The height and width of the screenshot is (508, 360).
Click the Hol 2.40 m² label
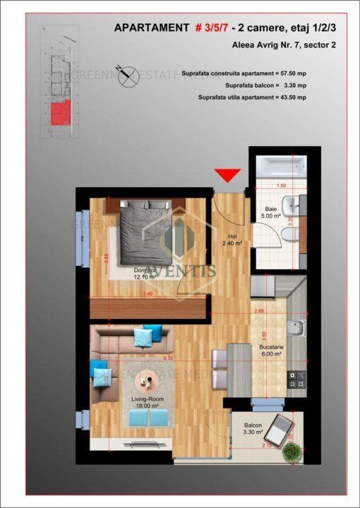(232, 241)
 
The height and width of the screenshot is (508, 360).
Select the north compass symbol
(128, 75)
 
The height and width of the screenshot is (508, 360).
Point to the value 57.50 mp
(302, 73)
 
